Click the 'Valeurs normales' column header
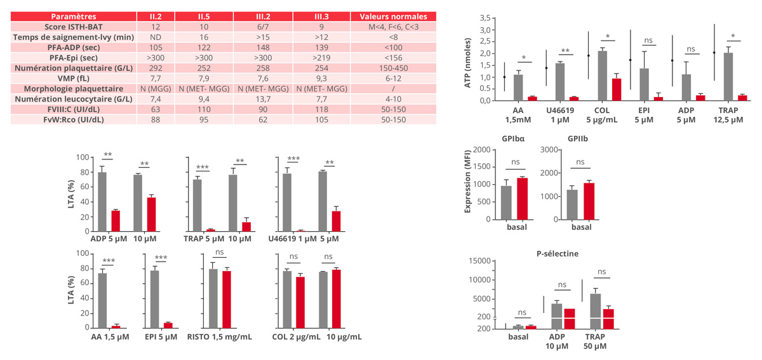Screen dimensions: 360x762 [398, 17]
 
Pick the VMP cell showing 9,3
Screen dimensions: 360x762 [320, 77]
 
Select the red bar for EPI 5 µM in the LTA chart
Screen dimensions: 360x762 [168, 325]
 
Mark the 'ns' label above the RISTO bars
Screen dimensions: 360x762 [220, 252]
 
